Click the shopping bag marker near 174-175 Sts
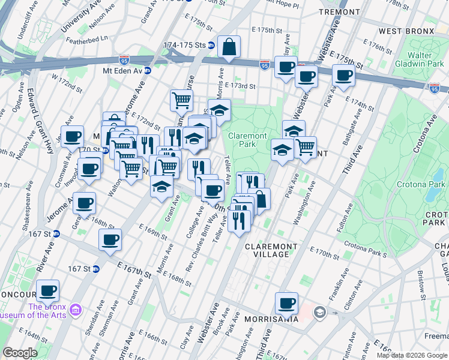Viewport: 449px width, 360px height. pyautogui.click(x=229, y=47)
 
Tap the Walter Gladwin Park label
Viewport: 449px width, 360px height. pyautogui.click(x=427, y=59)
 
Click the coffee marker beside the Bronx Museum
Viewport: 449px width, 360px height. pyautogui.click(x=48, y=291)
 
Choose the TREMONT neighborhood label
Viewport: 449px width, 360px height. pyautogui.click(x=339, y=12)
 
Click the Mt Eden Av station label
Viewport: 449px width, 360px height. pyautogui.click(x=122, y=70)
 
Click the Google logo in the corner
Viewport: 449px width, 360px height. pyautogui.click(x=20, y=353)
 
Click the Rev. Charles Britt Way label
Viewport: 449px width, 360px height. pyautogui.click(x=204, y=233)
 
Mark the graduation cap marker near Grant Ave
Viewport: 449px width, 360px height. pyautogui.click(x=161, y=187)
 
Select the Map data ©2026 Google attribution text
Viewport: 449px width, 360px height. pyautogui.click(x=412, y=355)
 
